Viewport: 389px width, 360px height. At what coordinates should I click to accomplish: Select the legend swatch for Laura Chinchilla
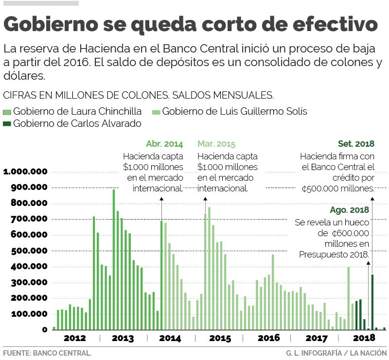tap(7, 112)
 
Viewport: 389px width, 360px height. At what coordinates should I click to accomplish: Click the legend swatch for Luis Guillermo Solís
tap(156, 112)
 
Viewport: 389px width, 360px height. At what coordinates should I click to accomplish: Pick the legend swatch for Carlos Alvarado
tap(7, 124)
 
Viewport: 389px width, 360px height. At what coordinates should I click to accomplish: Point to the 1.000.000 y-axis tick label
tap(25, 172)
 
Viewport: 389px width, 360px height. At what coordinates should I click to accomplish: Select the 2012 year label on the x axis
tap(75, 338)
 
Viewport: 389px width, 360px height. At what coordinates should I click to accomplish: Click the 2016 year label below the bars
tap(268, 338)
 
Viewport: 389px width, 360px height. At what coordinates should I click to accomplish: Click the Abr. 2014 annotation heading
tap(164, 144)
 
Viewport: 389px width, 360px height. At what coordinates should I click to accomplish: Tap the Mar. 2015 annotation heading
tap(216, 144)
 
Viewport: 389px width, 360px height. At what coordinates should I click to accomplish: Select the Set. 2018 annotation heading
tap(356, 144)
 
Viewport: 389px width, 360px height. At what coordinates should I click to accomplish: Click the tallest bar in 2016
tap(273, 292)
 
